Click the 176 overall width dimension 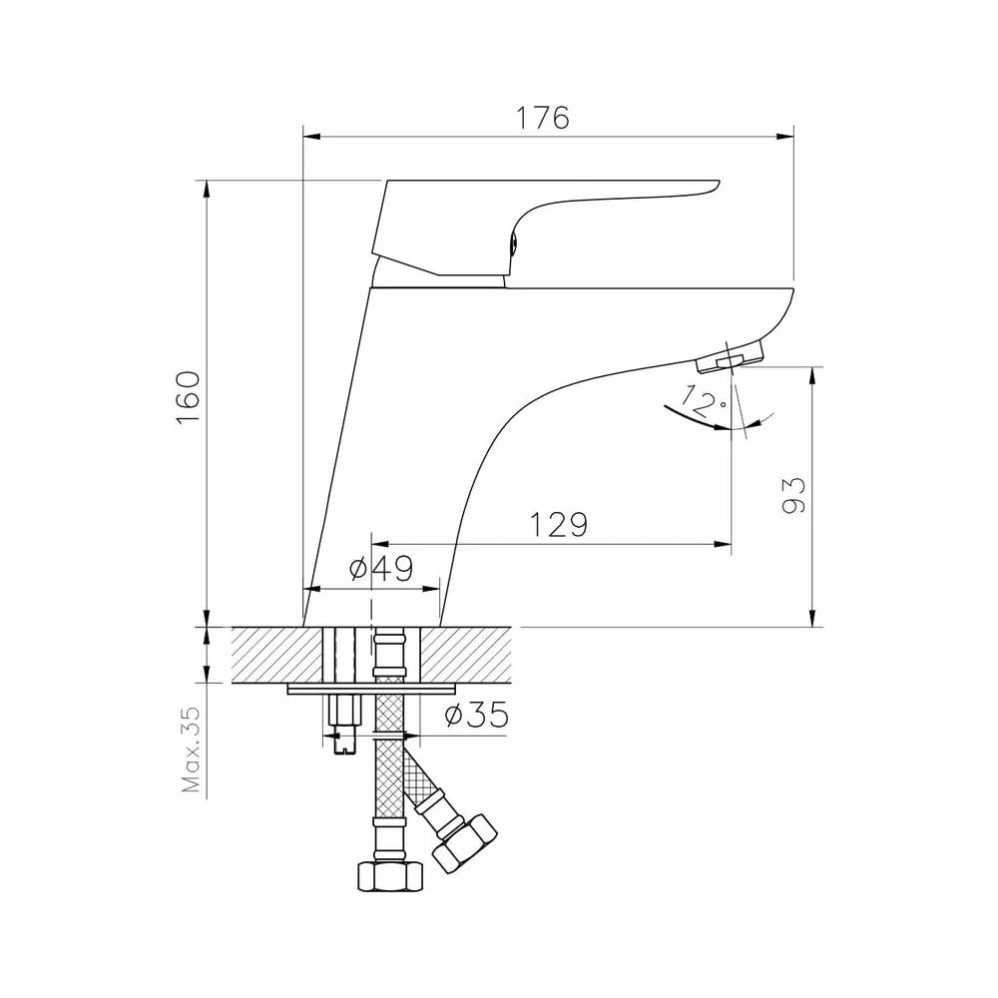(542, 118)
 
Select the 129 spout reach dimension (558, 524)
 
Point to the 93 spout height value (793, 495)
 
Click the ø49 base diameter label (381, 569)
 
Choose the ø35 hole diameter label (477, 715)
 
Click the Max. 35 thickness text (191, 749)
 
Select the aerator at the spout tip (731, 358)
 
